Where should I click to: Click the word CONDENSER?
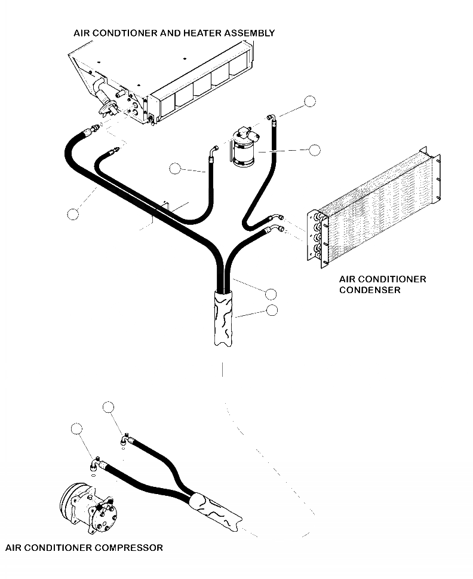[369, 290]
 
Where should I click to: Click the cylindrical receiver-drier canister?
[244, 151]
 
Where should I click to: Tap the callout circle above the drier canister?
[309, 101]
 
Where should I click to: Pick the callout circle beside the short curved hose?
[174, 169]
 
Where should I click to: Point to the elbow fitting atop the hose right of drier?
[272, 119]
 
